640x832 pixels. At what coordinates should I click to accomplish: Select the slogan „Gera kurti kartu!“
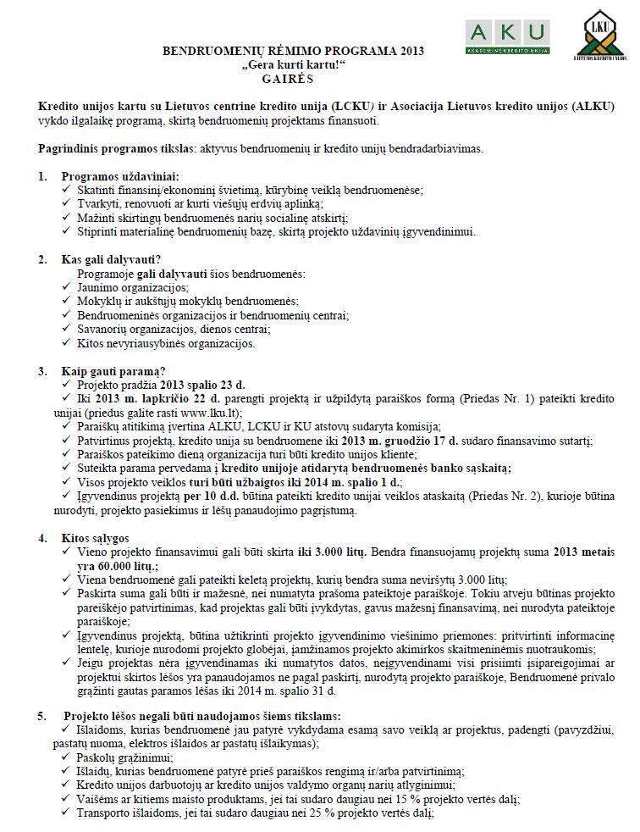[292, 64]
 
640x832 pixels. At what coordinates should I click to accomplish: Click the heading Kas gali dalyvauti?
[110, 259]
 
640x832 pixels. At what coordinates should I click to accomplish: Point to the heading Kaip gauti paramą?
[113, 370]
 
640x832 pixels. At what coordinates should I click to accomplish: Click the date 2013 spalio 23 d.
[205, 384]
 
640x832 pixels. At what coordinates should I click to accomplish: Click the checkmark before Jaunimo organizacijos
[68, 288]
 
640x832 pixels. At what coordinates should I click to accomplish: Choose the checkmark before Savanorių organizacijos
[68, 330]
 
